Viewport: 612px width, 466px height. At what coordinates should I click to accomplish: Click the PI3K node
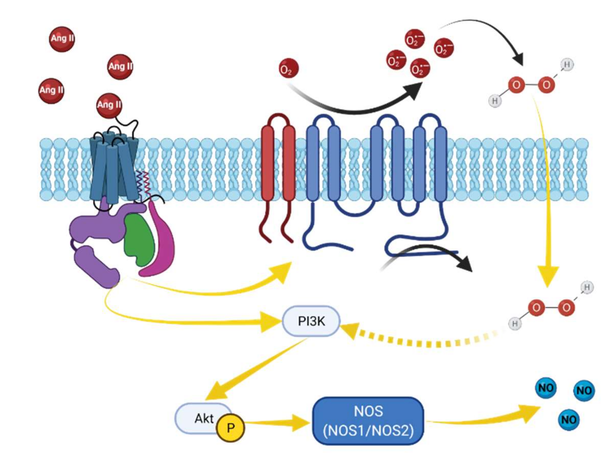[x=311, y=321]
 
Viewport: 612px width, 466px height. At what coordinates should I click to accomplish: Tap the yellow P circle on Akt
[x=230, y=428]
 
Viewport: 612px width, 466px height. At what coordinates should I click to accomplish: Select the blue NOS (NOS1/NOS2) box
[x=368, y=421]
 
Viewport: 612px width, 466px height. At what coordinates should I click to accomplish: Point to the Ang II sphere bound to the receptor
[x=109, y=105]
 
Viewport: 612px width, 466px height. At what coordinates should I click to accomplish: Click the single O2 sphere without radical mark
[x=289, y=68]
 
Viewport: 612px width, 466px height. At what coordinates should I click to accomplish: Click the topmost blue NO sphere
[x=545, y=388]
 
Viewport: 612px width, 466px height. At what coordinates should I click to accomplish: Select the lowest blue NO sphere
[x=568, y=420]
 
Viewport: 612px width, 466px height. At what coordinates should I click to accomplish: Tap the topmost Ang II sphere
[x=62, y=39]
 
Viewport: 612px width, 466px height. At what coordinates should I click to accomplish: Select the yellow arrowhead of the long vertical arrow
[x=548, y=276]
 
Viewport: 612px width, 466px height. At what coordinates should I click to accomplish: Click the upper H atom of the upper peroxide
[x=567, y=65]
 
